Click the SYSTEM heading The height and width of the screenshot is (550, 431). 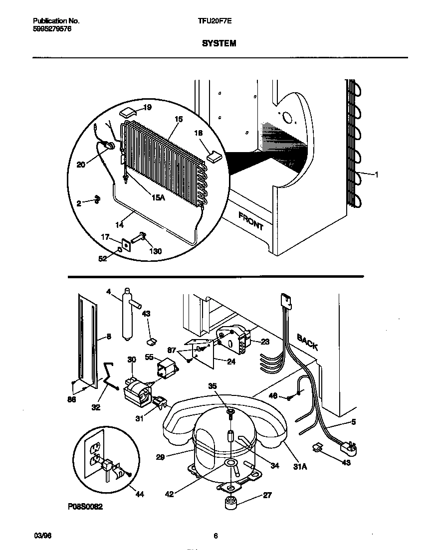(219, 43)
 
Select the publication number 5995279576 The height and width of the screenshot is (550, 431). (52, 29)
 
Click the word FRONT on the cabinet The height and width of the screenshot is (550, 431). (250, 220)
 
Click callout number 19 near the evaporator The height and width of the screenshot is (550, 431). (148, 108)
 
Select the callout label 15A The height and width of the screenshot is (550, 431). (158, 197)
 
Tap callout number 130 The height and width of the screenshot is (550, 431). (156, 251)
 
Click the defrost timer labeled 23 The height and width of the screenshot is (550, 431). (231, 339)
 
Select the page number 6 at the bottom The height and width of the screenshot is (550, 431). (215, 536)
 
